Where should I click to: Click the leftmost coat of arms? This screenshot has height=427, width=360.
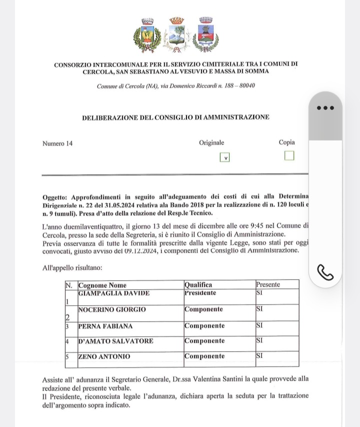tap(147, 35)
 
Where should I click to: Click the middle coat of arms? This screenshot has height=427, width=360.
tap(176, 35)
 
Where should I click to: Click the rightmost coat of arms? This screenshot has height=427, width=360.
tap(205, 35)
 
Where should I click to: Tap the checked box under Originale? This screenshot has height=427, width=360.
tap(225, 157)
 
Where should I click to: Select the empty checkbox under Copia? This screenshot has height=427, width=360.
tap(289, 156)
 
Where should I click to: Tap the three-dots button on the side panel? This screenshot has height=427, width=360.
tap(325, 107)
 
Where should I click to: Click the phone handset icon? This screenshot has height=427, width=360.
tap(325, 272)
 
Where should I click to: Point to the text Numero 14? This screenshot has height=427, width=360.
tap(57, 143)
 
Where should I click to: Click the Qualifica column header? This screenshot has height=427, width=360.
tap(198, 284)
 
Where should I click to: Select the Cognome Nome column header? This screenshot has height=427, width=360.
tap(101, 284)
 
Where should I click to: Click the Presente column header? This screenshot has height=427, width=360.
tap(268, 284)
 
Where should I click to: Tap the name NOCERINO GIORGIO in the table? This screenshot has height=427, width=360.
tap(112, 309)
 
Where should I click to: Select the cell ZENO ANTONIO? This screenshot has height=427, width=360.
tap(104, 356)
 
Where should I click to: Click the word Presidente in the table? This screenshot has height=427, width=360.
tap(200, 293)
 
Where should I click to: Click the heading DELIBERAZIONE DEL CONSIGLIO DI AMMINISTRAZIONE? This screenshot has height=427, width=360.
tap(175, 117)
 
